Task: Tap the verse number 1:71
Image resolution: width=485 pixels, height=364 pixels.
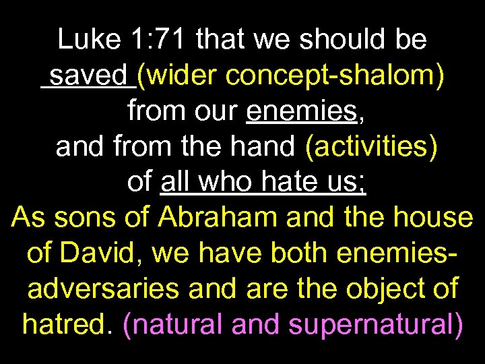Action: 155,40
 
